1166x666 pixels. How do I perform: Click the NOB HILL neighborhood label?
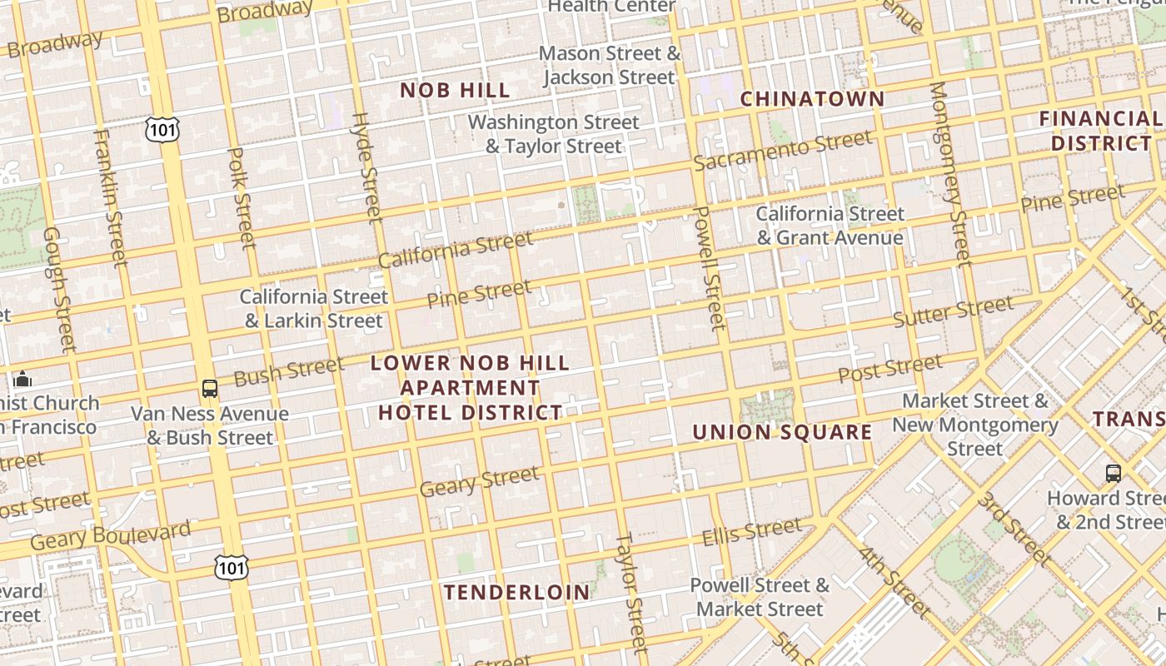[455, 91]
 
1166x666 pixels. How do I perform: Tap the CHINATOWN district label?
[812, 99]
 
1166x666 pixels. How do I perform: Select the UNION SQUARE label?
[782, 432]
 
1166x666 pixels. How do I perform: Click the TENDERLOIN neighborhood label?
[516, 593]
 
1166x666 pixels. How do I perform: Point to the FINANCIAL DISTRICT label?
[1099, 131]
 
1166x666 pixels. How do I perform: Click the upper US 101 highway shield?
[161, 129]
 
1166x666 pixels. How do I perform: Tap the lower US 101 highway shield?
[230, 567]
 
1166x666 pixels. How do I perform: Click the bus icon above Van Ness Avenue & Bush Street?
[210, 388]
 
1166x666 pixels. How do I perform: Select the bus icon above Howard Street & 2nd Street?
[1113, 474]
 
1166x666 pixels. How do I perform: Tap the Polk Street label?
[241, 198]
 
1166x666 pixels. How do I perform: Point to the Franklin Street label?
[110, 197]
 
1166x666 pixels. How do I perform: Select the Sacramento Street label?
[782, 150]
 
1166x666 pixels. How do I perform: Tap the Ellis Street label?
[752, 531]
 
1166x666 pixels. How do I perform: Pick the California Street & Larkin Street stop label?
[314, 309]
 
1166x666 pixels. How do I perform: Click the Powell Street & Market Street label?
[760, 597]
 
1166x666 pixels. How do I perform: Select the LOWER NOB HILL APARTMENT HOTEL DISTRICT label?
[471, 388]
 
